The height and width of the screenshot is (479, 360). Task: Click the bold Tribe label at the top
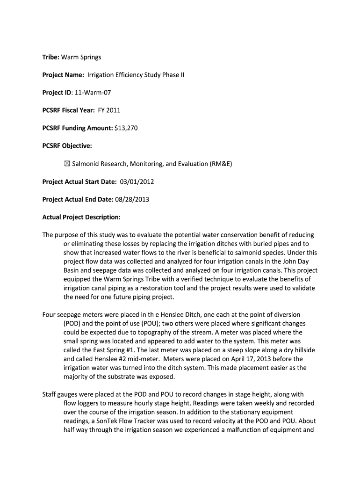[50, 57]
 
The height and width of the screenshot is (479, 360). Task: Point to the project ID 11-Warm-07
[95, 93]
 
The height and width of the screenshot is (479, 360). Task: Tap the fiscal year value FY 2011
[109, 110]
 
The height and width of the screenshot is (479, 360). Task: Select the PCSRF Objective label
[67, 146]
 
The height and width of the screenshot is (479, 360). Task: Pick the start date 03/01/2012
[137, 181]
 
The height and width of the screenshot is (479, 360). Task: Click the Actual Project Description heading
[81, 217]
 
